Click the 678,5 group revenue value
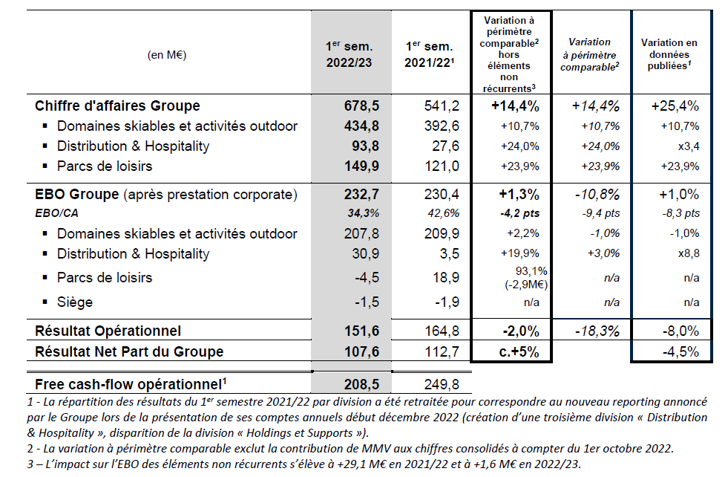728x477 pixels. click(361, 106)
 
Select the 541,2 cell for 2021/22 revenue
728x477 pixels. click(442, 106)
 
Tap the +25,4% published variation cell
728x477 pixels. click(675, 106)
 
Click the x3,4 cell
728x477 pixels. click(689, 146)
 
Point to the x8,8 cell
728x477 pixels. click(689, 254)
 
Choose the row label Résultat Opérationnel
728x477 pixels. click(108, 331)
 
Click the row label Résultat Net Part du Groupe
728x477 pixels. click(129, 352)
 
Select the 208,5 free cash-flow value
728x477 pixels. click(361, 384)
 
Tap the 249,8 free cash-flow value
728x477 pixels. click(442, 384)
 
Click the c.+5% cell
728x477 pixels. click(519, 352)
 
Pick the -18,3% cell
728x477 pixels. click(597, 331)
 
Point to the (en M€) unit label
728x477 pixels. click(167, 55)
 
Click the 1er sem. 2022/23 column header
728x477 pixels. click(349, 54)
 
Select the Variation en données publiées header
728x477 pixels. click(669, 54)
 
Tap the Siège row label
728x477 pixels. click(75, 302)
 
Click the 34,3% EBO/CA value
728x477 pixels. click(363, 213)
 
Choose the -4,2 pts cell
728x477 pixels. click(520, 213)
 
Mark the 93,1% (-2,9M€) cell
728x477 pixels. click(526, 278)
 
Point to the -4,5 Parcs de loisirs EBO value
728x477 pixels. click(367, 278)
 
